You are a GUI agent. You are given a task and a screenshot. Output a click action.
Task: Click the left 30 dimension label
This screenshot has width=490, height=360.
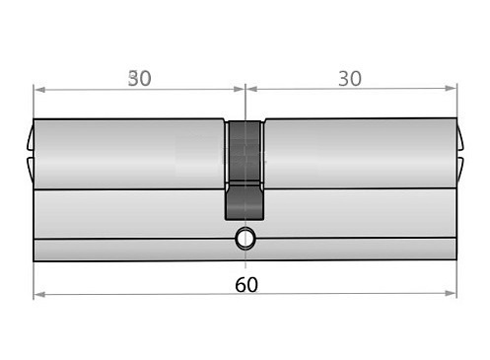tap(139, 79)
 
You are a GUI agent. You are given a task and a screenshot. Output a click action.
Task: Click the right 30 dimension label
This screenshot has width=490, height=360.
tap(349, 79)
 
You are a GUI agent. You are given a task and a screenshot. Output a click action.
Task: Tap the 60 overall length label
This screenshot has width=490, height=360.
tap(247, 284)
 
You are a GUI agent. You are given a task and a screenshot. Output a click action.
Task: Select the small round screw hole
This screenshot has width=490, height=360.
tap(245, 238)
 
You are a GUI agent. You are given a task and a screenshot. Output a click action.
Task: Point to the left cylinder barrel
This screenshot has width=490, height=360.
tap(128, 154)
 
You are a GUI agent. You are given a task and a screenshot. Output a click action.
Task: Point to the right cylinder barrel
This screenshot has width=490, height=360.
tap(361, 154)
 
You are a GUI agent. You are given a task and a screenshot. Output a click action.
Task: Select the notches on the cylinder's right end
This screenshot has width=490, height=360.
tap(461, 153)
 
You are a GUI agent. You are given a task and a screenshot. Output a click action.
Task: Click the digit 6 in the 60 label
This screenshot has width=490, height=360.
tap(241, 284)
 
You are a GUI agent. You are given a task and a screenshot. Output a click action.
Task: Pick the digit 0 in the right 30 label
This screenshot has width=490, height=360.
tap(356, 79)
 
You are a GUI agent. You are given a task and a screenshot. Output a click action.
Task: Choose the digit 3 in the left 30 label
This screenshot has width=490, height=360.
tap(132, 79)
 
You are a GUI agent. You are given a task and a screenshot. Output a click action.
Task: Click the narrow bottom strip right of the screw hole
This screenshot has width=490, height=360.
tap(360, 250)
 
